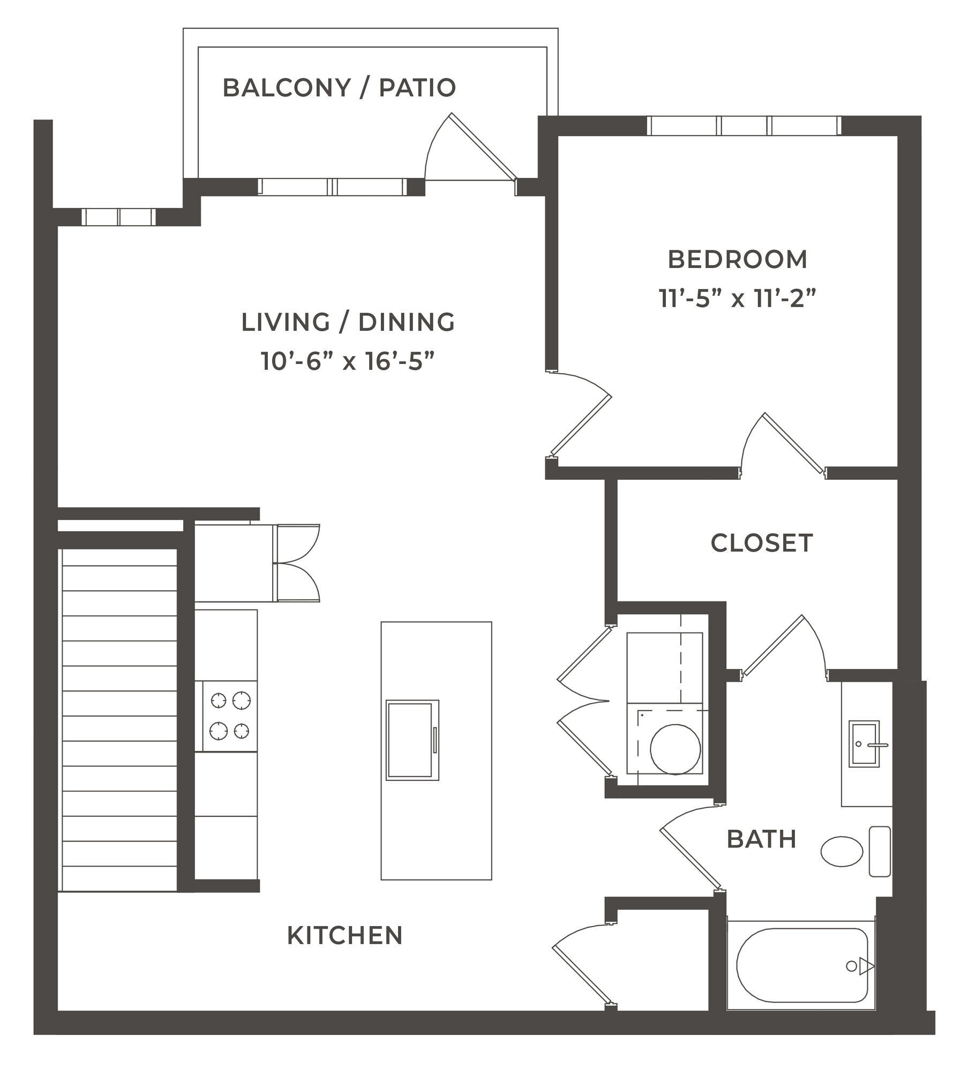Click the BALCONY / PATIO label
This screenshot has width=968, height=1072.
[x=339, y=88]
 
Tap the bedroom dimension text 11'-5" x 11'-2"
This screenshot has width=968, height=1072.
[x=737, y=299]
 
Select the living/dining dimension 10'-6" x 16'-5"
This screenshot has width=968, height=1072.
[x=347, y=361]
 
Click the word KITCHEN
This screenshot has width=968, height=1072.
[x=344, y=935]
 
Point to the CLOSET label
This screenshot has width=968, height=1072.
[x=761, y=543]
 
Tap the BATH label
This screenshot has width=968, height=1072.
[x=761, y=839]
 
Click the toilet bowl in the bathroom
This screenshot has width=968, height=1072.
[x=842, y=851]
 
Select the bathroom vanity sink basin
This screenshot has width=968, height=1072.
[x=864, y=744]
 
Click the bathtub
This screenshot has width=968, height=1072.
[x=801, y=965]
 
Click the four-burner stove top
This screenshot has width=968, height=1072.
[x=230, y=716]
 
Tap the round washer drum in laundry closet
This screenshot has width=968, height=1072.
[x=675, y=749]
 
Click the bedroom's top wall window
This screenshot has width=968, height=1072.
[x=744, y=126]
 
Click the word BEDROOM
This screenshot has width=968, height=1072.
[x=737, y=259]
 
